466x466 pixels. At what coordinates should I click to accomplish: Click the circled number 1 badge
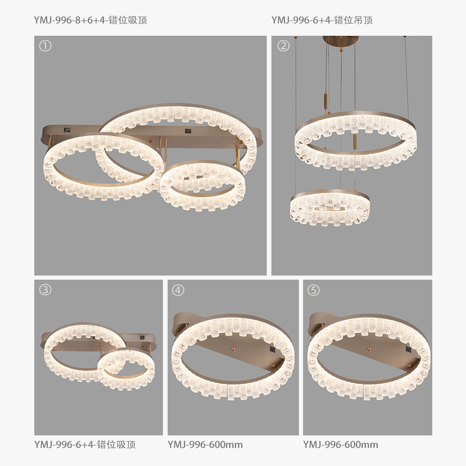point(45,46)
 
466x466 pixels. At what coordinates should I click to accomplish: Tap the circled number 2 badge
point(283,46)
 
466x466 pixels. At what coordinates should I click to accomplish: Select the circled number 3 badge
point(45,290)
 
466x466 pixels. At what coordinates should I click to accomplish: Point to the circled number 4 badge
point(178,290)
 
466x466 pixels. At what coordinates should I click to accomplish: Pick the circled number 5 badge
point(313,290)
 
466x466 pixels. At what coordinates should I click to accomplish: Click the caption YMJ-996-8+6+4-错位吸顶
point(90,20)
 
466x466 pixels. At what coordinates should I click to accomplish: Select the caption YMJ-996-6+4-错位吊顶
point(322,20)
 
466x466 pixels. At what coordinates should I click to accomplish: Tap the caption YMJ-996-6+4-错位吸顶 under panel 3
point(85,445)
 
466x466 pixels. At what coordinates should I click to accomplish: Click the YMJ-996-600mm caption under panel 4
point(205,445)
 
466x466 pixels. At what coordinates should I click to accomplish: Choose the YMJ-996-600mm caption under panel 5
point(340,445)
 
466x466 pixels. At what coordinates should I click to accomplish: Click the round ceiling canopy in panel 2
point(340,40)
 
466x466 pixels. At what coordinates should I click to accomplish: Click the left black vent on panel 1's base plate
point(67,130)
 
